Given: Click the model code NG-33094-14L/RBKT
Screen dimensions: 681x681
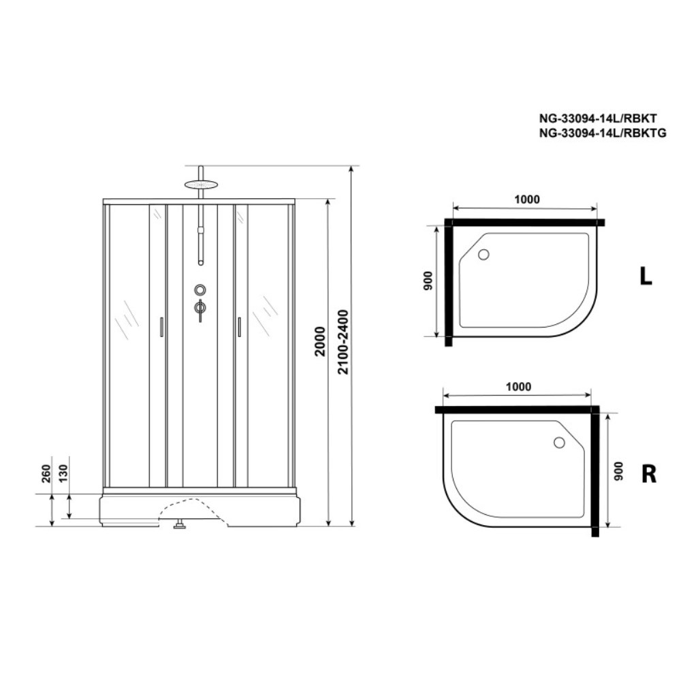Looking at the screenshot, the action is tap(598, 118).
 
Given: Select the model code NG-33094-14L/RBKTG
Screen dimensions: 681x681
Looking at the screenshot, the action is tap(603, 133).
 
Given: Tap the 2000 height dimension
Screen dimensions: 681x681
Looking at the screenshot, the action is tap(320, 341).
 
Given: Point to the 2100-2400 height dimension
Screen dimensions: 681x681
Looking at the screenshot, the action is tap(343, 341).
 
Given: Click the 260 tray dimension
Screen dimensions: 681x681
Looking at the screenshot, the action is tap(46, 473).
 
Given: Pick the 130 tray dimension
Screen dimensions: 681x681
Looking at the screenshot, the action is tap(63, 473).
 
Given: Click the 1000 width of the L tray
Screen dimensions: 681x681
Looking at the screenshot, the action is tap(527, 200).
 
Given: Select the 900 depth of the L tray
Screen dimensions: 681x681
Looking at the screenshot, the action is tap(428, 281).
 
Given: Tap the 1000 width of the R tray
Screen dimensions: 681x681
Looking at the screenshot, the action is tap(518, 387).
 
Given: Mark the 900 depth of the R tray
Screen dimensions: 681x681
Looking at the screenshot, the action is tap(618, 471).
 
